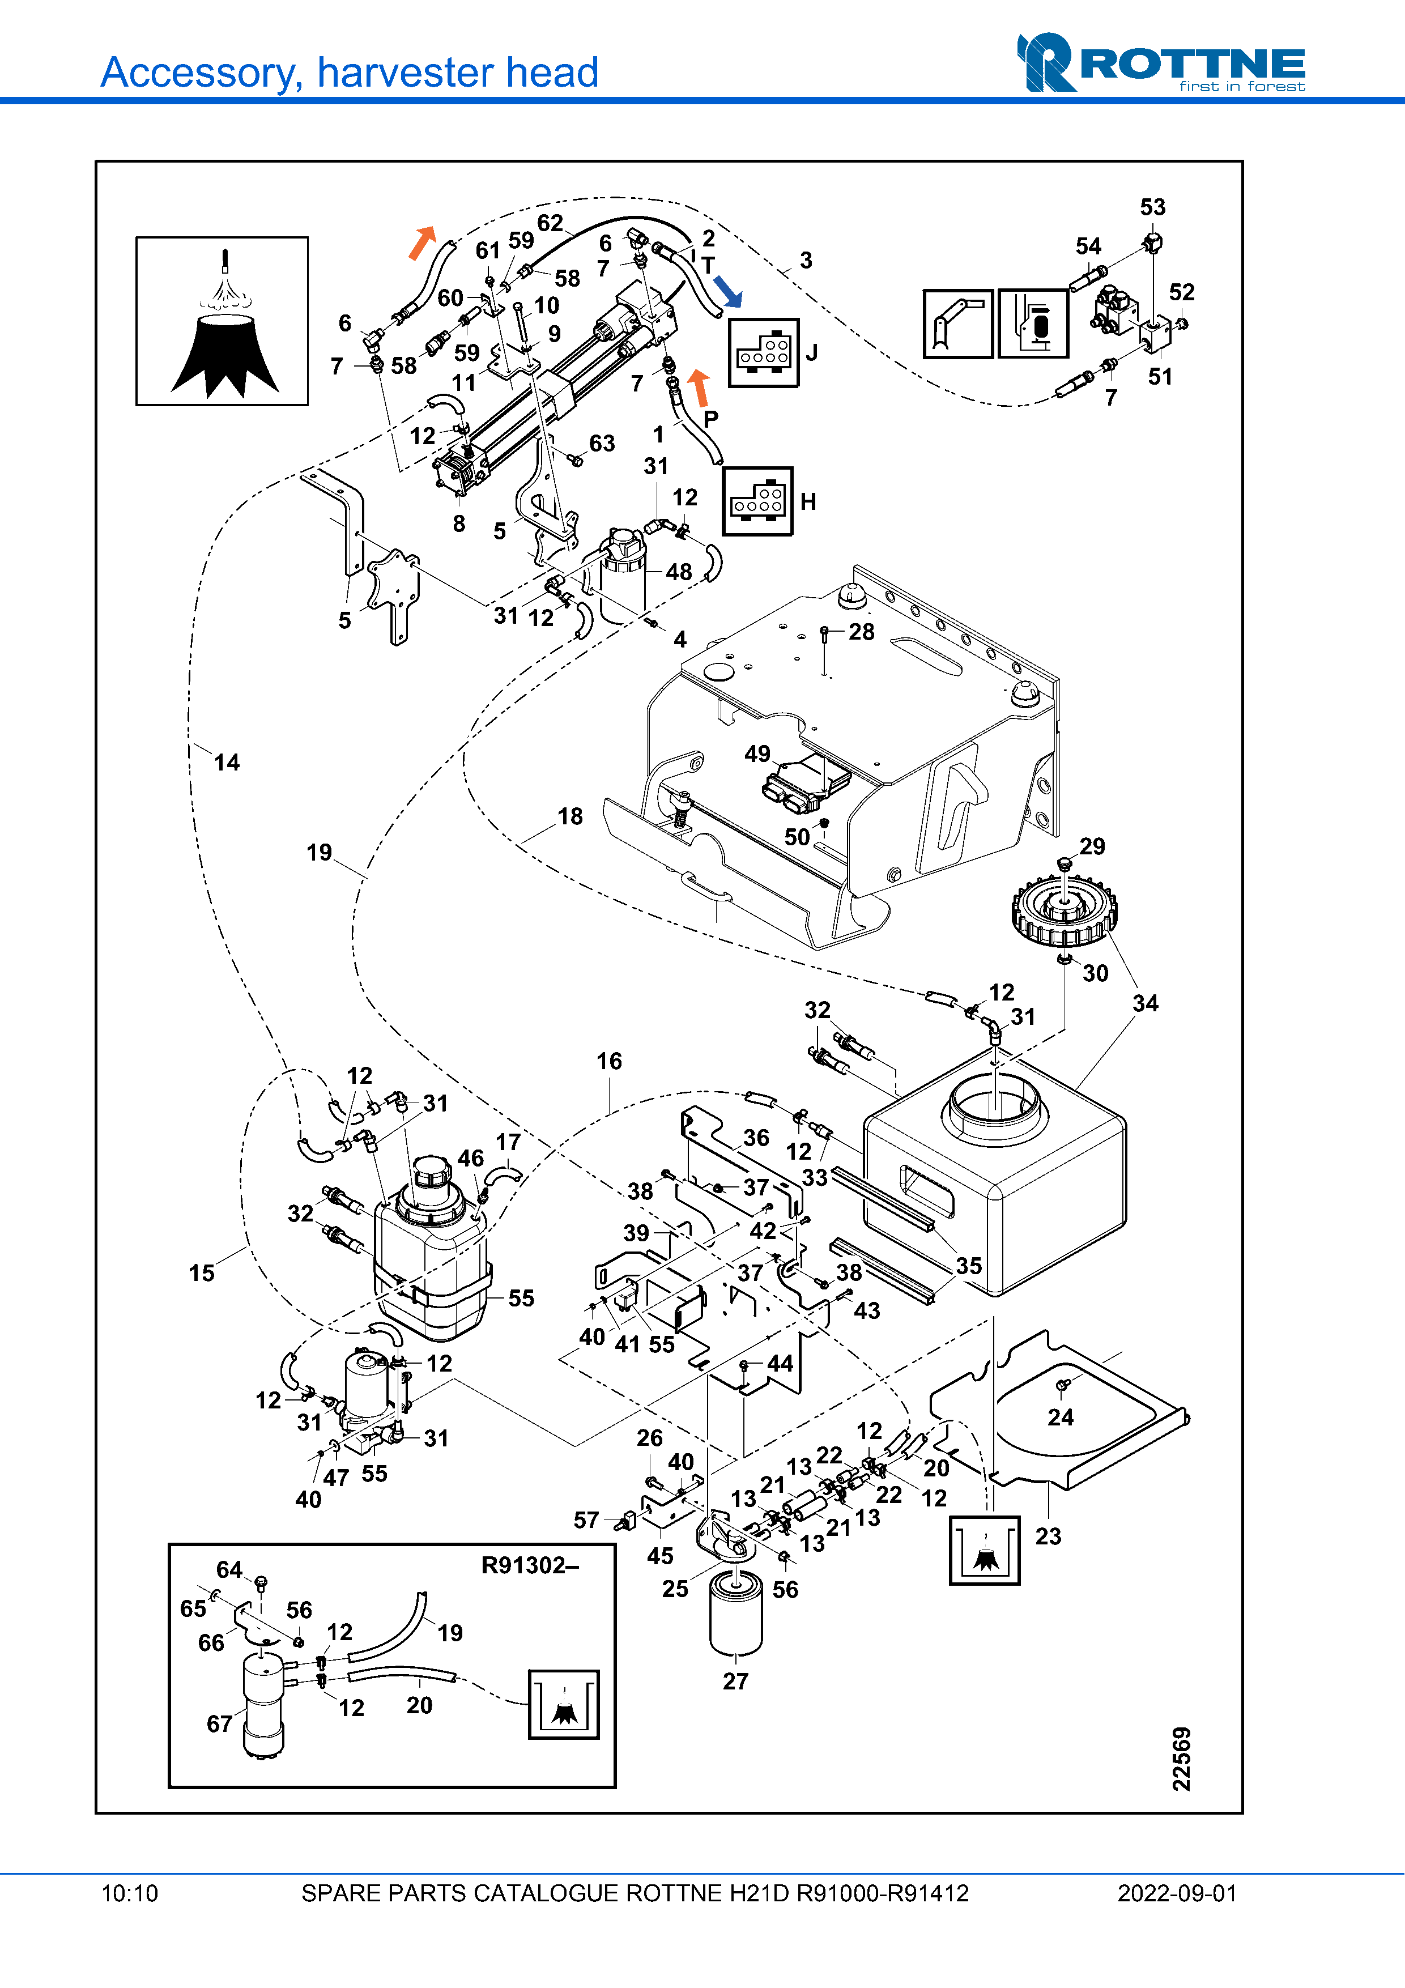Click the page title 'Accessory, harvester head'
coord(349,73)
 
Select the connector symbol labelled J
coord(763,352)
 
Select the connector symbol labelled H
coord(757,501)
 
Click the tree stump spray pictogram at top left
coord(222,321)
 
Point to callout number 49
coord(757,754)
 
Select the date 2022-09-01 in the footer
coord(1177,1893)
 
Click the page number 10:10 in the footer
coord(130,1893)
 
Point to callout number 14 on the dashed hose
coord(227,762)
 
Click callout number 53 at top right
coord(1152,207)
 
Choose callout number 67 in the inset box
coord(219,1724)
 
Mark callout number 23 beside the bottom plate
coord(1048,1536)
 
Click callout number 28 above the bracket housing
coord(861,632)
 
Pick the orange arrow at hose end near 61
coord(421,242)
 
